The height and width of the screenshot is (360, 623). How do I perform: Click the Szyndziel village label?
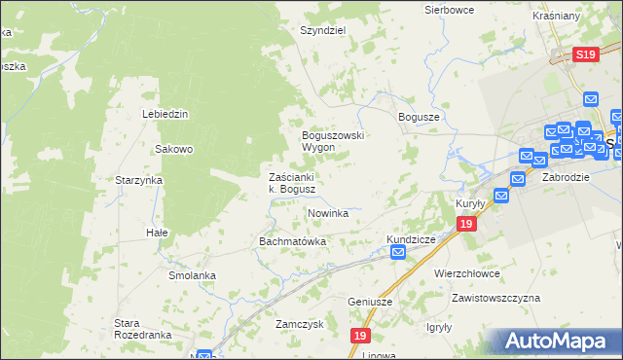coord(323,30)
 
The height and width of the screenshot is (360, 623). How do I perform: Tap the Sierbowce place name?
coord(449,10)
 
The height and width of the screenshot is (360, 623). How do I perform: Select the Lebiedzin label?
coord(165,114)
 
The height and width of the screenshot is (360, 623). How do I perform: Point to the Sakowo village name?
coord(174,150)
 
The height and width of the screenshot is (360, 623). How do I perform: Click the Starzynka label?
coord(138,181)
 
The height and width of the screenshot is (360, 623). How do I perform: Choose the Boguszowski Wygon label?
coord(332,141)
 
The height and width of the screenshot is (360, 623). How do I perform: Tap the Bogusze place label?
coord(420,116)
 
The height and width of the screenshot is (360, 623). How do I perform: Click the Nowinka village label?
coord(328,213)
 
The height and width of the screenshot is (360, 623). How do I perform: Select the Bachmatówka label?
coord(291,240)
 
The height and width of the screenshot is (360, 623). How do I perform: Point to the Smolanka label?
coord(191,275)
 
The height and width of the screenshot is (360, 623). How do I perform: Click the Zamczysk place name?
coord(299,324)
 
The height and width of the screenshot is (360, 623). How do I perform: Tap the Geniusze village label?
coord(370,302)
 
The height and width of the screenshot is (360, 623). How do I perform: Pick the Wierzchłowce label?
coord(466,274)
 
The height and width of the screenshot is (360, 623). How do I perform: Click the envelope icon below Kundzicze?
coord(398,253)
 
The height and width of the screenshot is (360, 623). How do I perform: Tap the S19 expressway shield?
coord(585,56)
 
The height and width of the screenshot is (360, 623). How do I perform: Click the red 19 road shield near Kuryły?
coord(466,225)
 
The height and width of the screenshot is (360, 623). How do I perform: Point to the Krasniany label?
coord(584,18)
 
